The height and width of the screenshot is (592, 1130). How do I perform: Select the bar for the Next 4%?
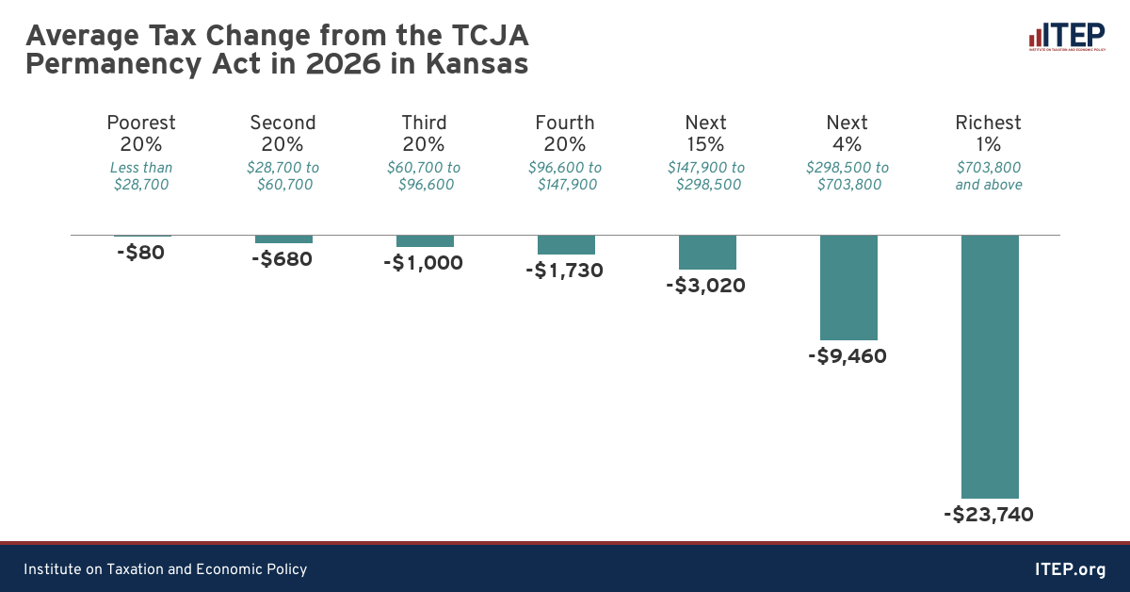(x=848, y=287)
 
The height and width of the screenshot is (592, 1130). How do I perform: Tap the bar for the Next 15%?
(x=707, y=252)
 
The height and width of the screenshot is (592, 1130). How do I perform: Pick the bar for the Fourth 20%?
(x=566, y=244)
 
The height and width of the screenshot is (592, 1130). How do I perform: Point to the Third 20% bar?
(x=425, y=240)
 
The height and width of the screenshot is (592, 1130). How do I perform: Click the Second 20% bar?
(x=283, y=238)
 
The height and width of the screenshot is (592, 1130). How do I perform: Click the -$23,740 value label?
(x=989, y=515)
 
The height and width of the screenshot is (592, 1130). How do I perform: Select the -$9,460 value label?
(x=847, y=356)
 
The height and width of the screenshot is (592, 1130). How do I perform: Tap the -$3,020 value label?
(x=706, y=286)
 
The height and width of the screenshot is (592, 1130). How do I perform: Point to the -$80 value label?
(x=141, y=253)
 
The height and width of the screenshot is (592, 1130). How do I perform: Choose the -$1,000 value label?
(x=424, y=263)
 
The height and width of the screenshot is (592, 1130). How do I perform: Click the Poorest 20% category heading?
(x=141, y=133)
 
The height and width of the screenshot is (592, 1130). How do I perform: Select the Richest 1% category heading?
(x=989, y=133)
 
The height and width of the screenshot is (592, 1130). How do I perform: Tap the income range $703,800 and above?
(x=989, y=176)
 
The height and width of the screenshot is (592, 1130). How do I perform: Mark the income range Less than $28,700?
(x=141, y=176)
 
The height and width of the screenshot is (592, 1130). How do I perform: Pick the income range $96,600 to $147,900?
(x=565, y=176)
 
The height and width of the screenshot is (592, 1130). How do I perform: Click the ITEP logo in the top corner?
(x=1066, y=38)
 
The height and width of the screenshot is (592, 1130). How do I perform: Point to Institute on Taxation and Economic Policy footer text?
(x=165, y=569)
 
